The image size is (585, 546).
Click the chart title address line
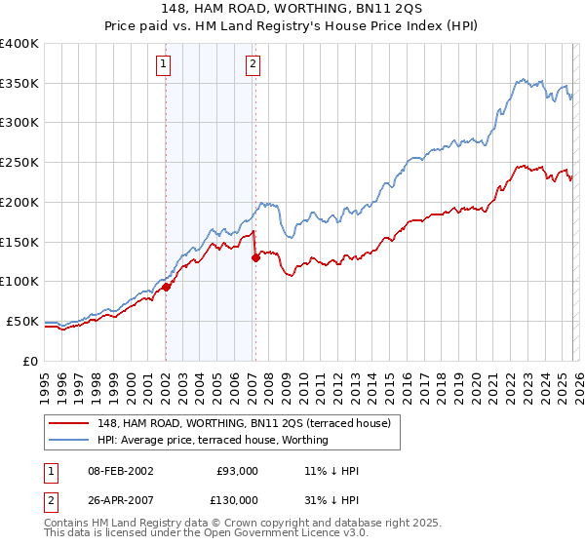click(x=292, y=9)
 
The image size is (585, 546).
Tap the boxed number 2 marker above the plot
click(x=253, y=65)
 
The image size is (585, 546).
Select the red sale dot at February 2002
click(x=166, y=287)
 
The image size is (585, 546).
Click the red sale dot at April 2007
click(x=255, y=258)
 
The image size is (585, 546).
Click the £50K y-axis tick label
click(x=22, y=321)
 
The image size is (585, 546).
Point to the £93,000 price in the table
click(x=236, y=471)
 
